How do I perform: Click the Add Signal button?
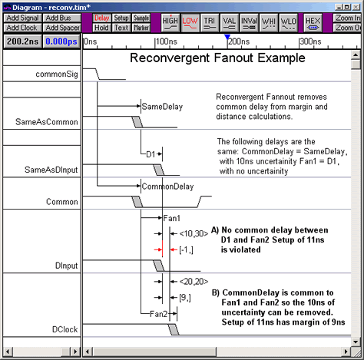coord(22,18)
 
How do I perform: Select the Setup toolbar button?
coord(121,18)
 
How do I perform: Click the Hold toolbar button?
coord(101,28)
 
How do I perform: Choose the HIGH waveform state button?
coord(170,23)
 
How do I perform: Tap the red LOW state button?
coord(190,23)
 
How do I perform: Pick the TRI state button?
coord(210,23)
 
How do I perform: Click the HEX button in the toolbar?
coord(313,23)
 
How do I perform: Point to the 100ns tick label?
coord(167,41)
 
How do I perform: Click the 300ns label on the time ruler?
coord(310,41)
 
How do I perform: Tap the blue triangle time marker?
coord(227,37)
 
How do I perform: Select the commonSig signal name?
coord(57,74)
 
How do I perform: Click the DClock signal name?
coord(65,329)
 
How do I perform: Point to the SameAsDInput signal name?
coord(51,170)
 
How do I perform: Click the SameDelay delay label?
coord(162,107)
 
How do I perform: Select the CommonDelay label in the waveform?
coord(167,187)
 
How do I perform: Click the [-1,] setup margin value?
coord(187,249)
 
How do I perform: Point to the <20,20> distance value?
coord(194,282)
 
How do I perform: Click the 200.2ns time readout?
coord(23,41)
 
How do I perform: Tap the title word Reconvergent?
coord(170,58)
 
